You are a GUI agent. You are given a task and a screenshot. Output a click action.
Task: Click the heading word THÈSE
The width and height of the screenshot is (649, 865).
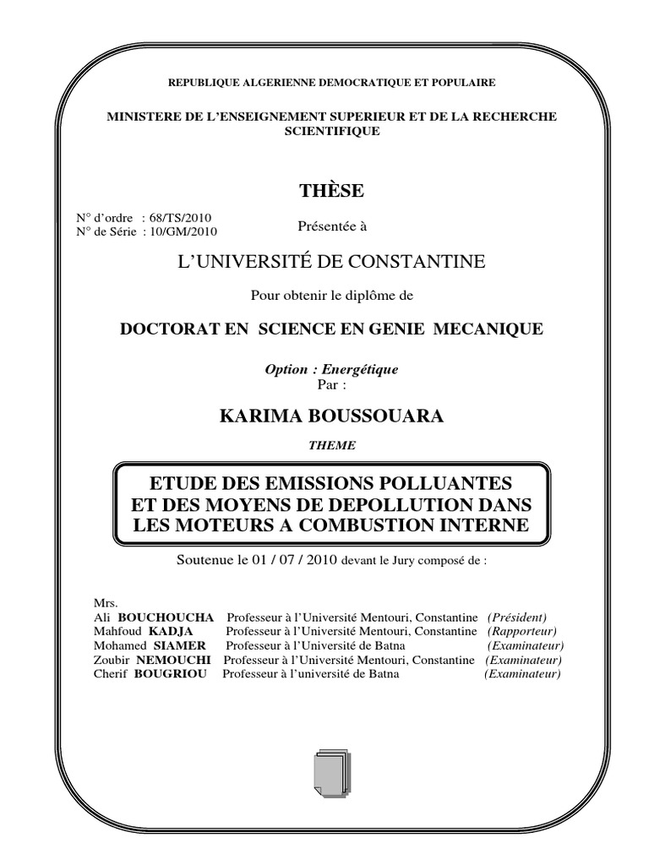331,191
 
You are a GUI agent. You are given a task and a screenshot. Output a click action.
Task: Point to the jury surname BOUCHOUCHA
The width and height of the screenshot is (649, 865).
166,617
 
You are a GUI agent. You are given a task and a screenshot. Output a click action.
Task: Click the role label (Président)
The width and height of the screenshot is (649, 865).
517,617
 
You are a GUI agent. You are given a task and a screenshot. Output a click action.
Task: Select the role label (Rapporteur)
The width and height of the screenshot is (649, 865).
521,631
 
